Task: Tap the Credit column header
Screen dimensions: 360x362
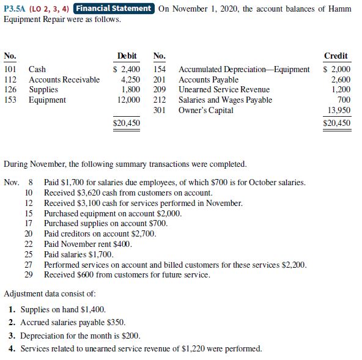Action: pyautogui.click(x=337, y=56)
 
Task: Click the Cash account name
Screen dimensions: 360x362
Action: pyautogui.click(x=37, y=70)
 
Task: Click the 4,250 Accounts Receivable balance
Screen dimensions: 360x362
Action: pyautogui.click(x=131, y=79)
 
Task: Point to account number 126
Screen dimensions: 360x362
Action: pyautogui.click(x=10, y=89)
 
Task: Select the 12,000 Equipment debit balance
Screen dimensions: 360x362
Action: pyautogui.click(x=128, y=99)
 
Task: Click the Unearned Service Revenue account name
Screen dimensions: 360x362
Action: pyautogui.click(x=224, y=89)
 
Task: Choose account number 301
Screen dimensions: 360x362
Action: pyautogui.click(x=160, y=109)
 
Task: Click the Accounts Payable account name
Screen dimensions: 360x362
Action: pyautogui.click(x=209, y=79)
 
